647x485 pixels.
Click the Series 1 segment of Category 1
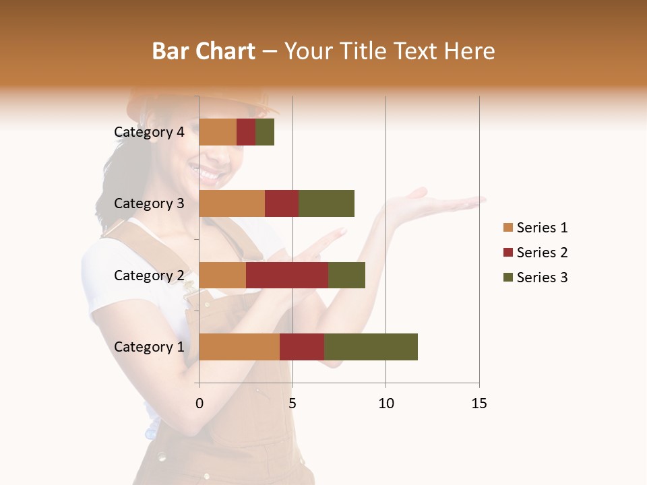tap(239, 347)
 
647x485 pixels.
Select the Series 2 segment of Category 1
tap(302, 347)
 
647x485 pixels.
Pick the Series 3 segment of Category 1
tap(371, 347)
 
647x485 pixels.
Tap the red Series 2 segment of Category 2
tap(287, 275)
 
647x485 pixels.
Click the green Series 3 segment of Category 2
tap(346, 275)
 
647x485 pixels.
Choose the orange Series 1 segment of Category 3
tap(232, 203)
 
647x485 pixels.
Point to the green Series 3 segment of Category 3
tap(326, 203)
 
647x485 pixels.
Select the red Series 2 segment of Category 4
tap(246, 132)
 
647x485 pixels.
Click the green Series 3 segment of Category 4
tap(265, 132)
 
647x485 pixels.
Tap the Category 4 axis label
tap(148, 132)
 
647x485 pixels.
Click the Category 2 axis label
tap(148, 275)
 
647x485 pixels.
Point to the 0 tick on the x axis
tap(199, 403)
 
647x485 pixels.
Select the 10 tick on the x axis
tap(386, 403)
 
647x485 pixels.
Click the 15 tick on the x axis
tap(479, 403)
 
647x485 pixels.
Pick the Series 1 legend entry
tap(535, 228)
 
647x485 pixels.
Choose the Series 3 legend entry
tap(535, 278)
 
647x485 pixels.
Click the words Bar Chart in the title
tap(203, 51)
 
